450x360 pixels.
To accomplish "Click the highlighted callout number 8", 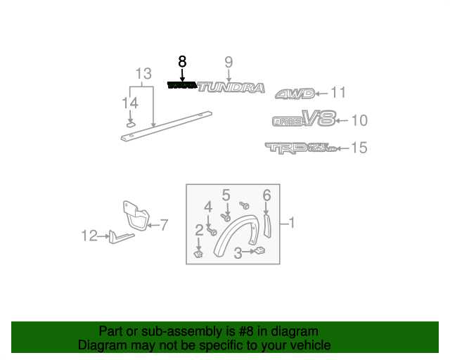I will [183, 61].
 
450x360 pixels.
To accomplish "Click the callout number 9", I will [229, 62].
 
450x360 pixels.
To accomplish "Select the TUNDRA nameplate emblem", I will [231, 87].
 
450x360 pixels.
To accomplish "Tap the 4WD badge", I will [293, 94].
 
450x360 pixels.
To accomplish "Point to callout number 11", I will [338, 92].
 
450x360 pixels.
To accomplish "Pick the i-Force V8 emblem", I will [303, 120].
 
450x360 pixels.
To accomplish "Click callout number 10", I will [359, 120].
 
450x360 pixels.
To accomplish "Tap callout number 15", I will [359, 148].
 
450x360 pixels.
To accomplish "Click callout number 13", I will [143, 73].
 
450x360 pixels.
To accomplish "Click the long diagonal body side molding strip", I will [169, 124].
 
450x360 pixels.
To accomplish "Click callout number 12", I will [89, 236].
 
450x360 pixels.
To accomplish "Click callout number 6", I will [266, 195].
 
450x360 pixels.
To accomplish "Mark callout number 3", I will [238, 252].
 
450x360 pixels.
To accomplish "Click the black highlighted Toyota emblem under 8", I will [182, 85].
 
